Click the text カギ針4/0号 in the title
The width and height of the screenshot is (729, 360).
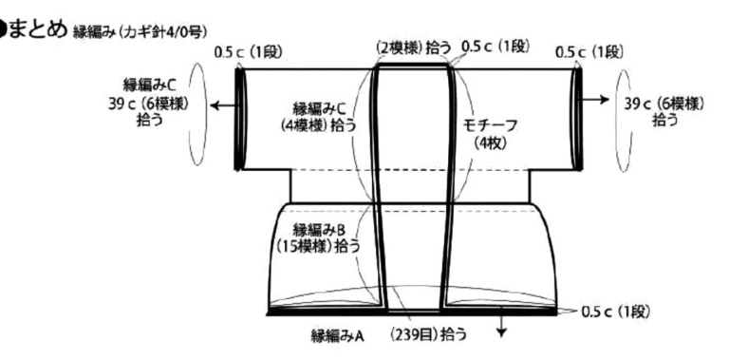point(167,32)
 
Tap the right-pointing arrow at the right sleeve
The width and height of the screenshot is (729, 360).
point(595,99)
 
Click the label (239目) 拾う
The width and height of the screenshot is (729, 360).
point(428,335)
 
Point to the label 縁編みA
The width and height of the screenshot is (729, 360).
point(337,335)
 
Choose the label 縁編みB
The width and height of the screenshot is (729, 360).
point(319,230)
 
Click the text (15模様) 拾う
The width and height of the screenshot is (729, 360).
point(319,246)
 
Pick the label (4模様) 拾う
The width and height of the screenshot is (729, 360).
point(319,126)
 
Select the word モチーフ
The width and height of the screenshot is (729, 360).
point(491,126)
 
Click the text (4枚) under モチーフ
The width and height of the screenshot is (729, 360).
point(491,143)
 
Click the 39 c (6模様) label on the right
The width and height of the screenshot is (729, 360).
point(664,104)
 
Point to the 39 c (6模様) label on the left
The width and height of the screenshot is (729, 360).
point(148,104)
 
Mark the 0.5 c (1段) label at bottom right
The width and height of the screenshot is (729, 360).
point(615,313)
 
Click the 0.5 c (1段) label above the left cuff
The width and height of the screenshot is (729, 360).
point(249,52)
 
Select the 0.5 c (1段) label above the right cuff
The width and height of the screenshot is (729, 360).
point(589,52)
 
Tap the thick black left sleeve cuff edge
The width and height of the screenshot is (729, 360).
point(239,119)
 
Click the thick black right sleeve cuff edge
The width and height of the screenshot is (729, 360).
point(578,119)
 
